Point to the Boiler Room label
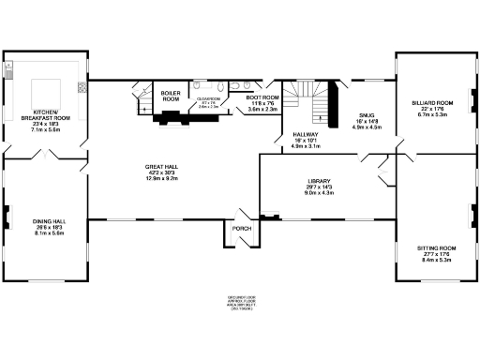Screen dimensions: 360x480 [171, 96]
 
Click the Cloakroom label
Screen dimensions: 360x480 [208, 97]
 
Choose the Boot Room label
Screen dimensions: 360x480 [262, 97]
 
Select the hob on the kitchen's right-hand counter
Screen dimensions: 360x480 [82, 87]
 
